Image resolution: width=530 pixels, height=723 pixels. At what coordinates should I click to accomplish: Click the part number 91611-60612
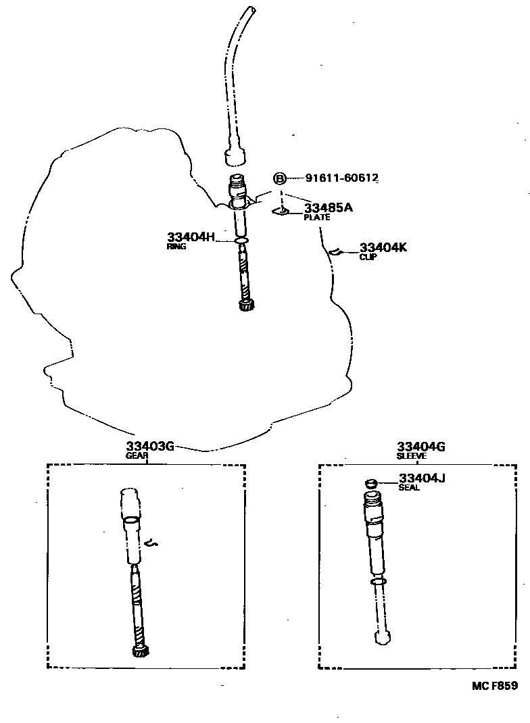pos(341,178)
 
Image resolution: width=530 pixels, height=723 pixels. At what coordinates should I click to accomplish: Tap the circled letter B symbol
pos(280,178)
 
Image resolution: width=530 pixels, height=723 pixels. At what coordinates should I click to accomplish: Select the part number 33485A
pos(328,207)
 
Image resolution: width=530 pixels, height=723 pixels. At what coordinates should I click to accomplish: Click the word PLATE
pos(316,218)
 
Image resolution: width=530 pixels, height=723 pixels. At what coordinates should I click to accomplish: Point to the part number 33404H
pos(191,237)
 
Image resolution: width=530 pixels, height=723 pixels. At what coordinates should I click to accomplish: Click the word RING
pos(176,247)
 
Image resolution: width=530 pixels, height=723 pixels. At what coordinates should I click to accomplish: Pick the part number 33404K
pos(383,247)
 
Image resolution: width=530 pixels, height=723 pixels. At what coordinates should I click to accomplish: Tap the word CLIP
pos(368,257)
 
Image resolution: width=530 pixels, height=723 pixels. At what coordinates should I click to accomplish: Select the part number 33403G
pos(150,446)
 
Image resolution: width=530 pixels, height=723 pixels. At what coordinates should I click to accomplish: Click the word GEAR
pos(137,455)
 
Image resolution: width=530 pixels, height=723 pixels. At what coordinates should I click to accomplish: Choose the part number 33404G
pos(420,446)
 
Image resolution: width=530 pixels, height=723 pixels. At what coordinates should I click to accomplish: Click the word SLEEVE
pos(412,455)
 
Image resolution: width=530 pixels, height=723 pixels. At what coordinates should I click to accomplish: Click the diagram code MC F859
pos(495,685)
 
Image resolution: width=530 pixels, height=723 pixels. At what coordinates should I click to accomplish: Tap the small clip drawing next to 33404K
pos(333,252)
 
